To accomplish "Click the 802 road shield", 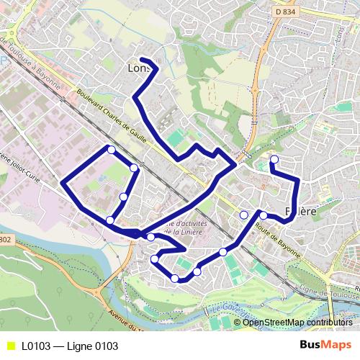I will coord(6,240).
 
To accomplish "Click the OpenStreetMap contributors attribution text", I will coord(297,322).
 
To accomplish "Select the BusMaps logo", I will coord(325,345).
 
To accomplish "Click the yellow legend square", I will coord(9,346).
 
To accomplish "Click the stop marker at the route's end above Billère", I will coord(274,159).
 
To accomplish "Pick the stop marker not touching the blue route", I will coord(244,215).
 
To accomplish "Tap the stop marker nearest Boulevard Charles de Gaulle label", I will coord(111,149).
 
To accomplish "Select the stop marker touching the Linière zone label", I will coord(150,237).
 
